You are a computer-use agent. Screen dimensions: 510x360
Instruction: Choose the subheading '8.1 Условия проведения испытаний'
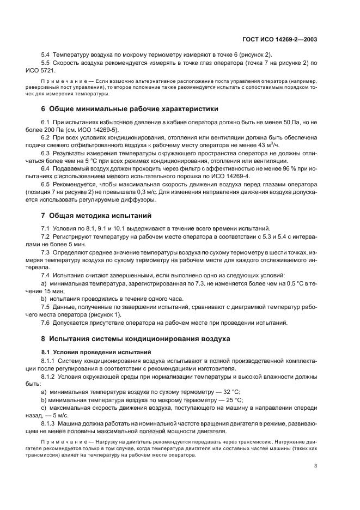tap(89, 351)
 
